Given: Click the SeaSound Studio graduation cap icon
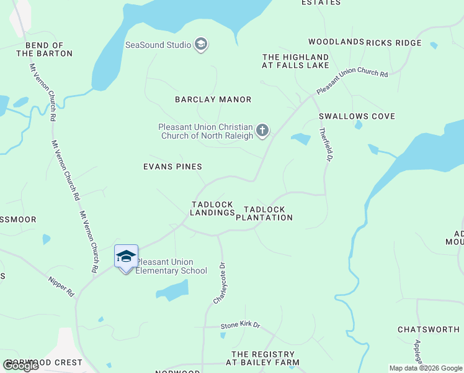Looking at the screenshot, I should click(x=200, y=44).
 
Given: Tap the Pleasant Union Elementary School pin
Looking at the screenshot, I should click(x=126, y=257).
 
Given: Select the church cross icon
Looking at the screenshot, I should click(x=262, y=130).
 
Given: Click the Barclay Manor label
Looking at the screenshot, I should click(x=213, y=99).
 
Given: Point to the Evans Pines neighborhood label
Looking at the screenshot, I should click(x=172, y=167).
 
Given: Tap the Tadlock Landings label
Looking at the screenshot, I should click(x=212, y=208).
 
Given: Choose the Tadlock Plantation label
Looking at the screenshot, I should click(x=268, y=214).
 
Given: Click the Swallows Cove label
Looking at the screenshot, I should click(x=357, y=116).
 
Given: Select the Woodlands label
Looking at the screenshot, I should click(x=336, y=42).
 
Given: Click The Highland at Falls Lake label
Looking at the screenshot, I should click(x=295, y=61).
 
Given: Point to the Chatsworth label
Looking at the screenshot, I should click(x=429, y=329).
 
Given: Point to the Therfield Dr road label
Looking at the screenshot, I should click(x=323, y=145).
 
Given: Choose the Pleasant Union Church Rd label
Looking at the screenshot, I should click(x=352, y=81).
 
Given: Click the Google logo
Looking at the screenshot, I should click(x=20, y=366).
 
